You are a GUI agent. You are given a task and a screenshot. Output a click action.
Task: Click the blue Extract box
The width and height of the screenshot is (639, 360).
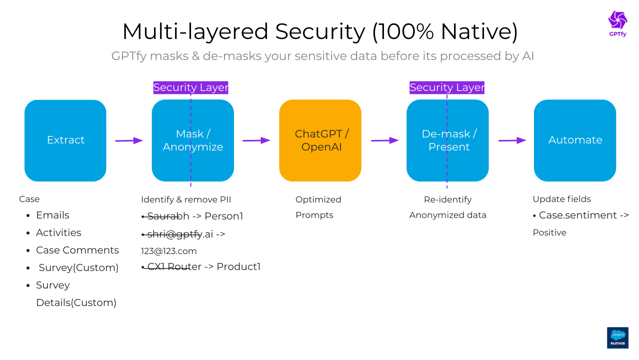65,140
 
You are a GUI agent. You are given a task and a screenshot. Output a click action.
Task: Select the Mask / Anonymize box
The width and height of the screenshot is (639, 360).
193,140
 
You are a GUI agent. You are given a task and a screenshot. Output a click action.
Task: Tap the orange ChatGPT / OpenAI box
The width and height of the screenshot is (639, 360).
320,140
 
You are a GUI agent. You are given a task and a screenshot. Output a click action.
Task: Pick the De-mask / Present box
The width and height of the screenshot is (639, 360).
447,140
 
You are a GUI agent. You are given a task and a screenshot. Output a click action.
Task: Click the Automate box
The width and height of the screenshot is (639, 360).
575,140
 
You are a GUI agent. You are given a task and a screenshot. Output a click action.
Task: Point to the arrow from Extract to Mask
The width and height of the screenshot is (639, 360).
129,141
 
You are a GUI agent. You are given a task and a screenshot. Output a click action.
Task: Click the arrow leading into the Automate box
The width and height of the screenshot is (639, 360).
512,140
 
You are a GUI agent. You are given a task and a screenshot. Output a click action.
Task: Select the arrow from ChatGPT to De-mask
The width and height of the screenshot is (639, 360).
385,140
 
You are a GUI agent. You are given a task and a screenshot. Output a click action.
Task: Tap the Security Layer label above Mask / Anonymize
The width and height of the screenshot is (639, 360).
190,87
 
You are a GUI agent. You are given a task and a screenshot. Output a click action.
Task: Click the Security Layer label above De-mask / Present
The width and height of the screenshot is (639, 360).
447,87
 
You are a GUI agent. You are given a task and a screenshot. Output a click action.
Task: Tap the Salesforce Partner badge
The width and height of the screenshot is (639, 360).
617,338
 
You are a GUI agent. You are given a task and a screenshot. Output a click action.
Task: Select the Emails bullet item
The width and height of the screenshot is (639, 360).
52,215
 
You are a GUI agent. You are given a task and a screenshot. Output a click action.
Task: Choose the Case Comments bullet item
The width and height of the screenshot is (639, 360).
77,250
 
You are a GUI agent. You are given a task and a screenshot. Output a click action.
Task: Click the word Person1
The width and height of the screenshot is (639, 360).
223,216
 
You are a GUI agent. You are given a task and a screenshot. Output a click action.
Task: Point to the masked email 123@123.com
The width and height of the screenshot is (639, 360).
169,251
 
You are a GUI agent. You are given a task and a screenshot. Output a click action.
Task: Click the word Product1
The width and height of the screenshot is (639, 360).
238,266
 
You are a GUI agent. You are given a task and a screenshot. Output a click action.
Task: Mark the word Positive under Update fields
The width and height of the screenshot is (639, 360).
549,232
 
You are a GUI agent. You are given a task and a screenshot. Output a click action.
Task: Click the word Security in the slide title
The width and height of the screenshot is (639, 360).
320,31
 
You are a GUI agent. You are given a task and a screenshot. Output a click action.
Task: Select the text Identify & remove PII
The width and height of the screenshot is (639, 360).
186,199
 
